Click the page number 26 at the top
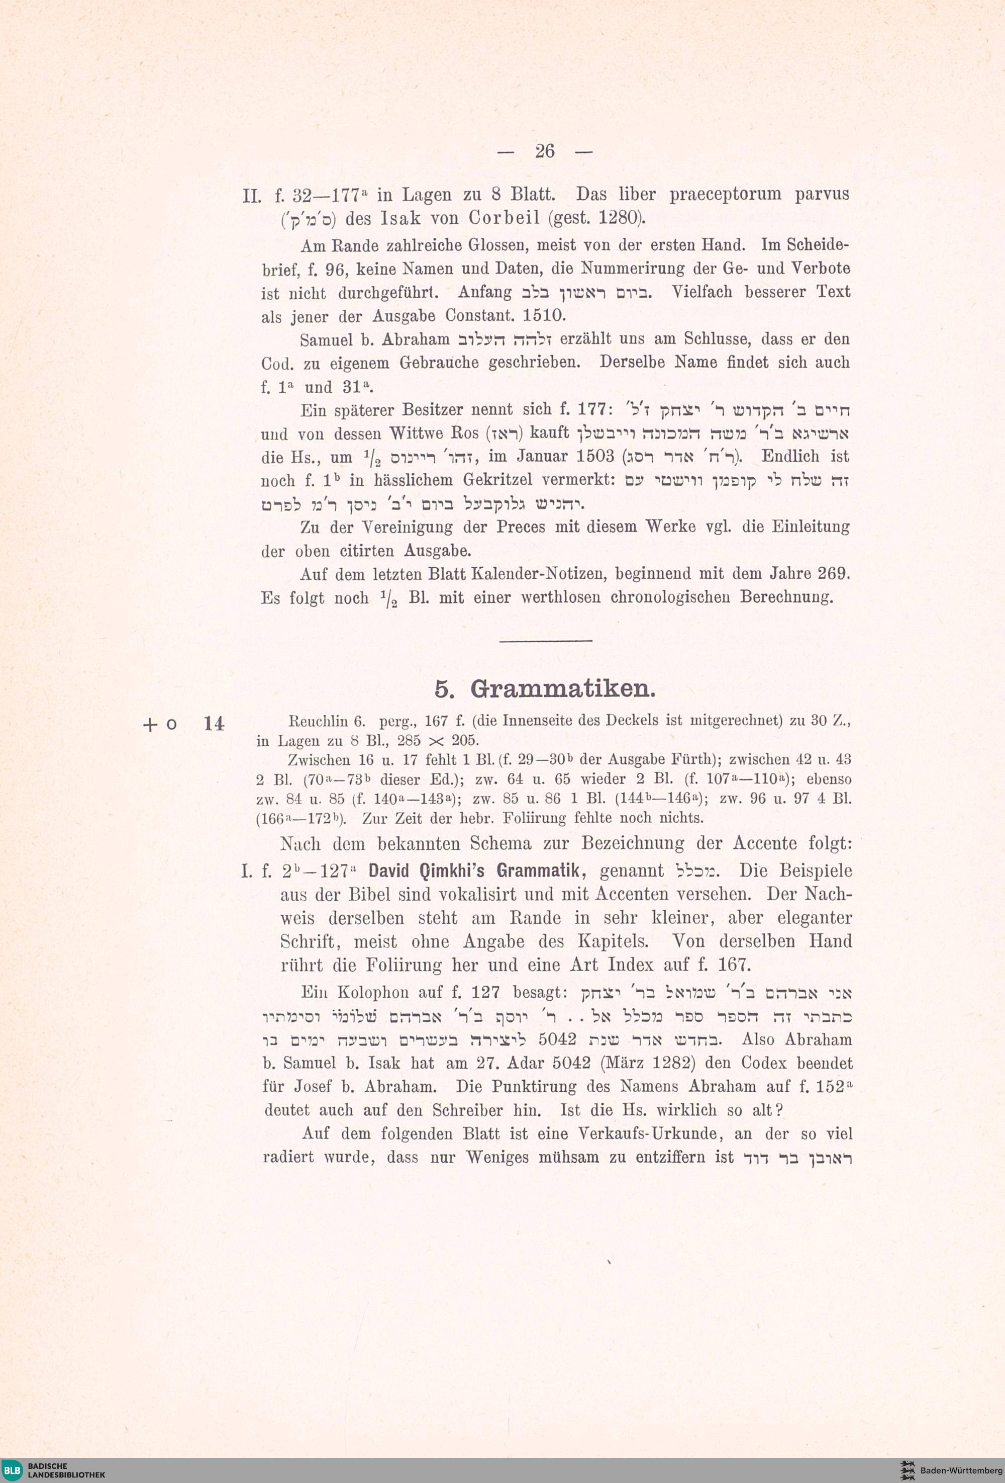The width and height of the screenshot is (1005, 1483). (x=545, y=151)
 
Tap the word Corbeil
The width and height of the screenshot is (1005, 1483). (x=505, y=218)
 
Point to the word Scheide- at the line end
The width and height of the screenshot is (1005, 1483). (x=818, y=245)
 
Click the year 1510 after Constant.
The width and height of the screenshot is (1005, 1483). (x=543, y=316)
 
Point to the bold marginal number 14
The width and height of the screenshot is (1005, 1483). (x=214, y=724)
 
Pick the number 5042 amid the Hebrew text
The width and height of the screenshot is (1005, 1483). (x=557, y=1039)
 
